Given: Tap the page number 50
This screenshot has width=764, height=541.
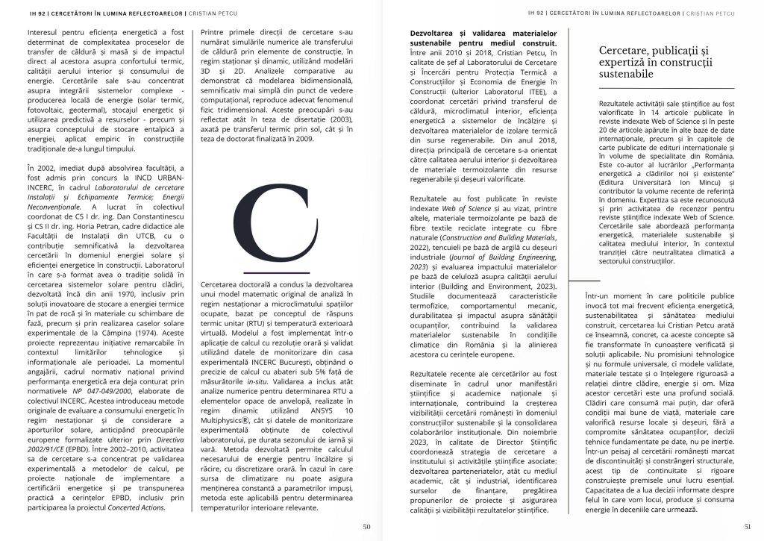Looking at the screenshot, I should (x=366, y=526).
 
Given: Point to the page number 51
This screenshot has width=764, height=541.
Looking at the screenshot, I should (x=748, y=526).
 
